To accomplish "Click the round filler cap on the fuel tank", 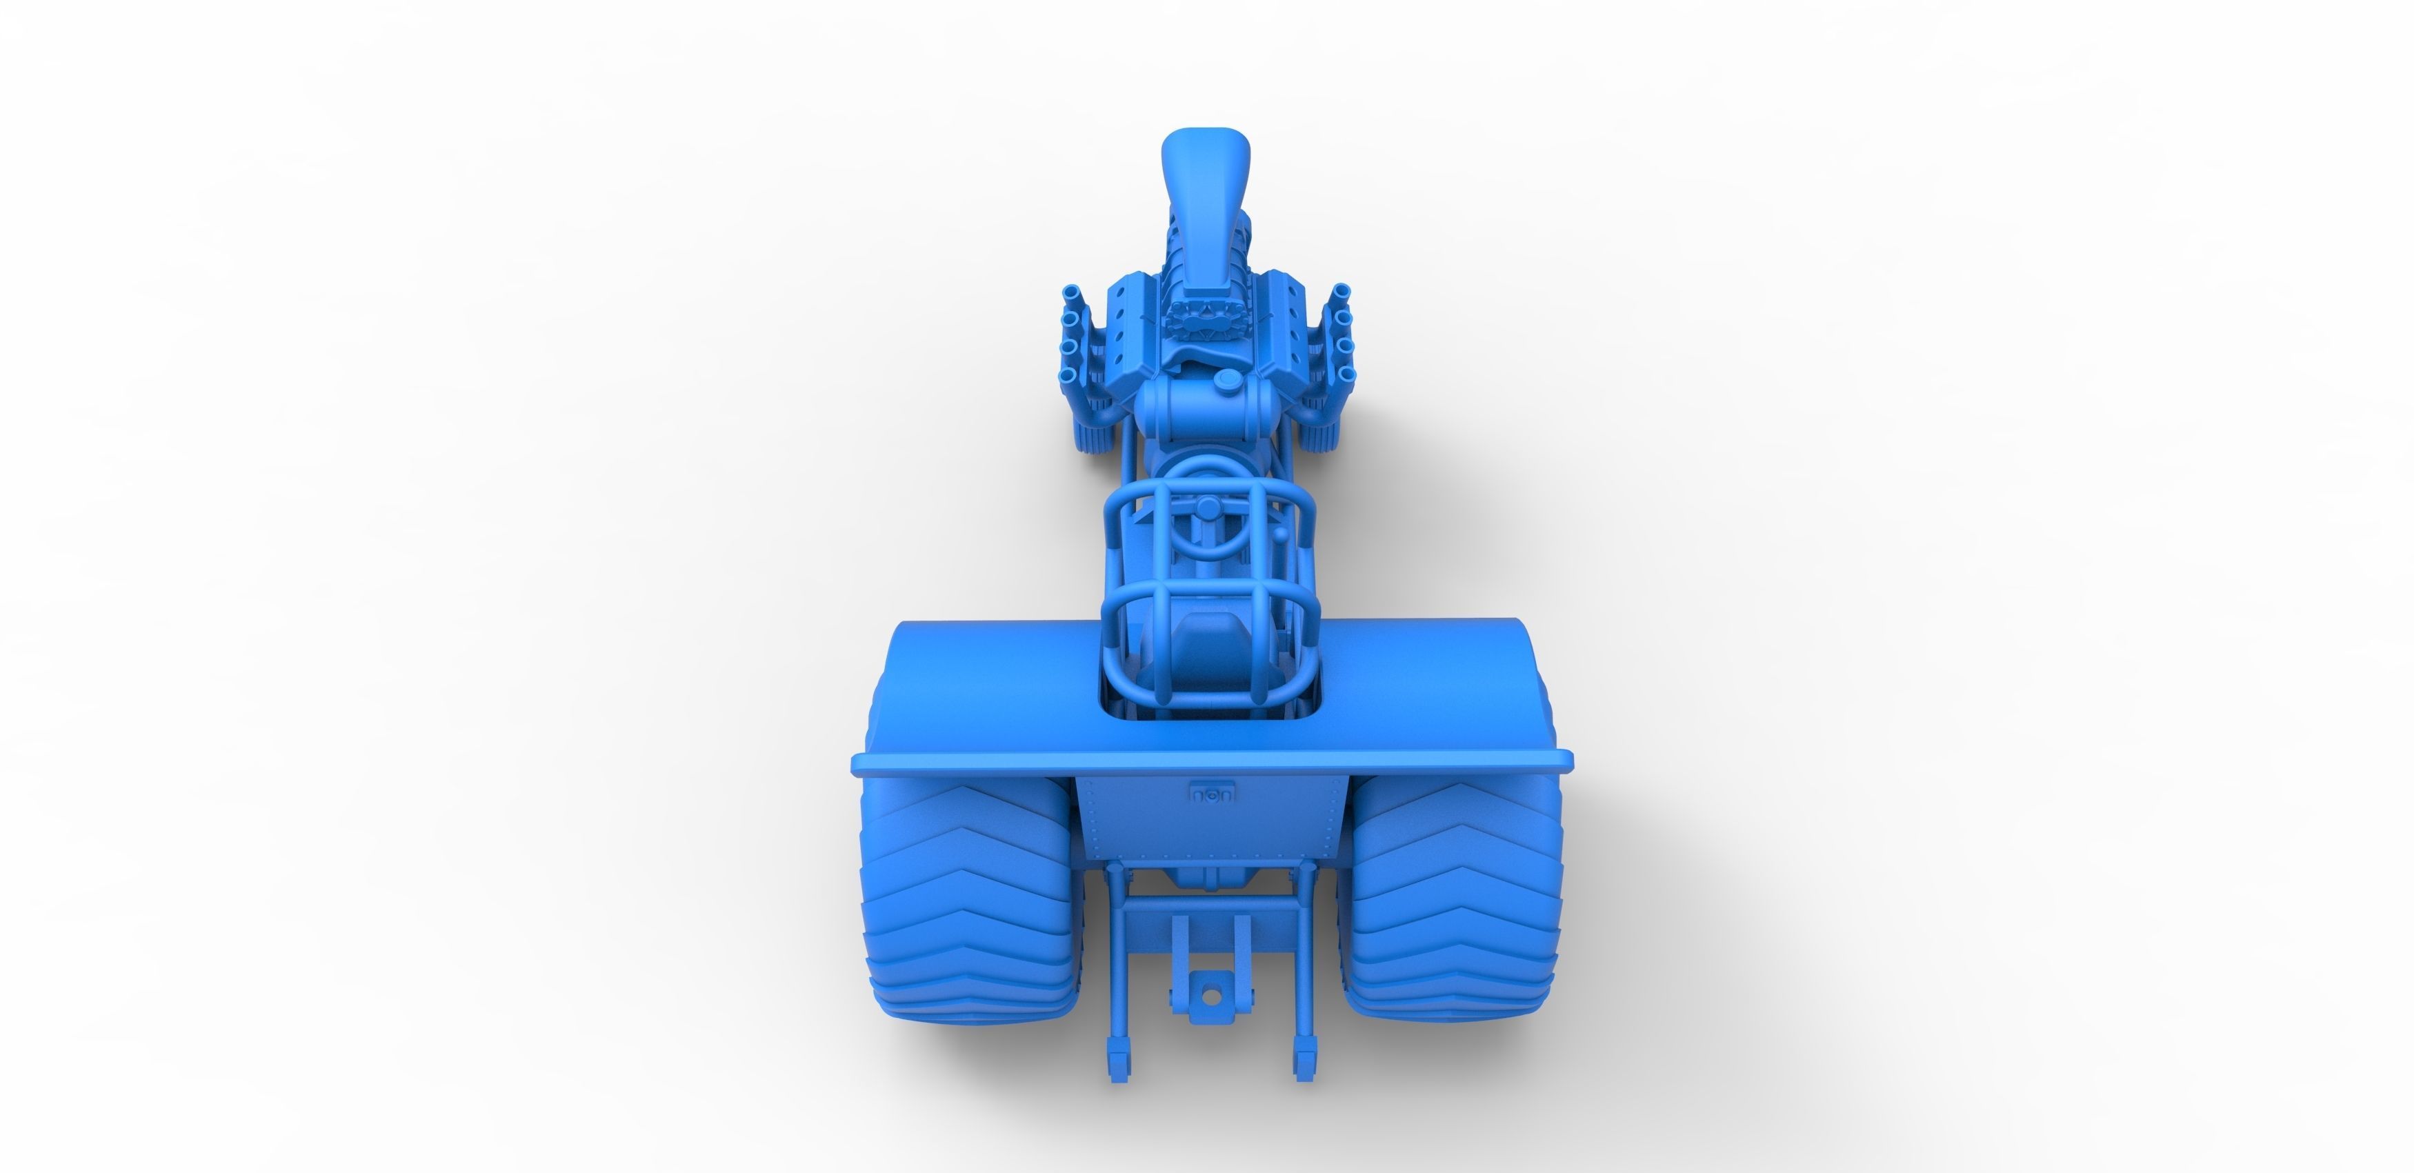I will [1225, 379].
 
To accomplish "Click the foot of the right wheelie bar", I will [1304, 1087].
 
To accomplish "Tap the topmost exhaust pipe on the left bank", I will [1071, 294].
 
